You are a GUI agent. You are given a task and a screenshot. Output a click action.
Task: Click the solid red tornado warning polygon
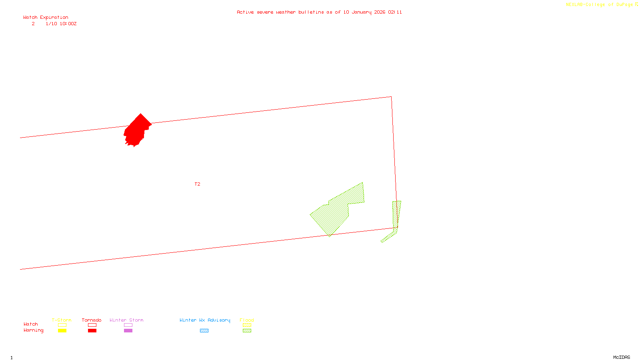[137, 130]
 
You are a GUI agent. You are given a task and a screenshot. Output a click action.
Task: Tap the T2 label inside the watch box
[197, 184]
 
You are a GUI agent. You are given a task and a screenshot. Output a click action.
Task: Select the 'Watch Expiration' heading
[46, 17]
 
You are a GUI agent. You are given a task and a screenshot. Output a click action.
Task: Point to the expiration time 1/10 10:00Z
[61, 24]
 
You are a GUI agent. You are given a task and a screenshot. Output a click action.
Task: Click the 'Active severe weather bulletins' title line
[319, 12]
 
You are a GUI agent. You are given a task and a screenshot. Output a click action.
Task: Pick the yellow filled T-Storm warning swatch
[62, 331]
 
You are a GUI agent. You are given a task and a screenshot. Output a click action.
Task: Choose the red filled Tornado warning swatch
[92, 331]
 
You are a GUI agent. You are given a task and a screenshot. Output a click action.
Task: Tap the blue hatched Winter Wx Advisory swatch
[204, 331]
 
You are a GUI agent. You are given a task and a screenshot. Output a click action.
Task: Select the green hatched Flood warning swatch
[247, 331]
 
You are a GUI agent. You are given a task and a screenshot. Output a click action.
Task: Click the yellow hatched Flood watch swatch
[247, 325]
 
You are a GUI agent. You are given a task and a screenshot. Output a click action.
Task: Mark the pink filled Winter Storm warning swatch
[128, 331]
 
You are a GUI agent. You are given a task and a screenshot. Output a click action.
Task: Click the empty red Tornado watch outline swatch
[92, 325]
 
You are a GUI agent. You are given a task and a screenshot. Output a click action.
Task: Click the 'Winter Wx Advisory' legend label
[205, 320]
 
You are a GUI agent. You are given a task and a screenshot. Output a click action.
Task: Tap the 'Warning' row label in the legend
[33, 330]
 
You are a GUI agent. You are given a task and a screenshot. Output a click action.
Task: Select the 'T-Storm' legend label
[62, 320]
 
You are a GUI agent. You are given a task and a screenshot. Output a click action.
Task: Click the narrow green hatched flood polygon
[396, 218]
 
